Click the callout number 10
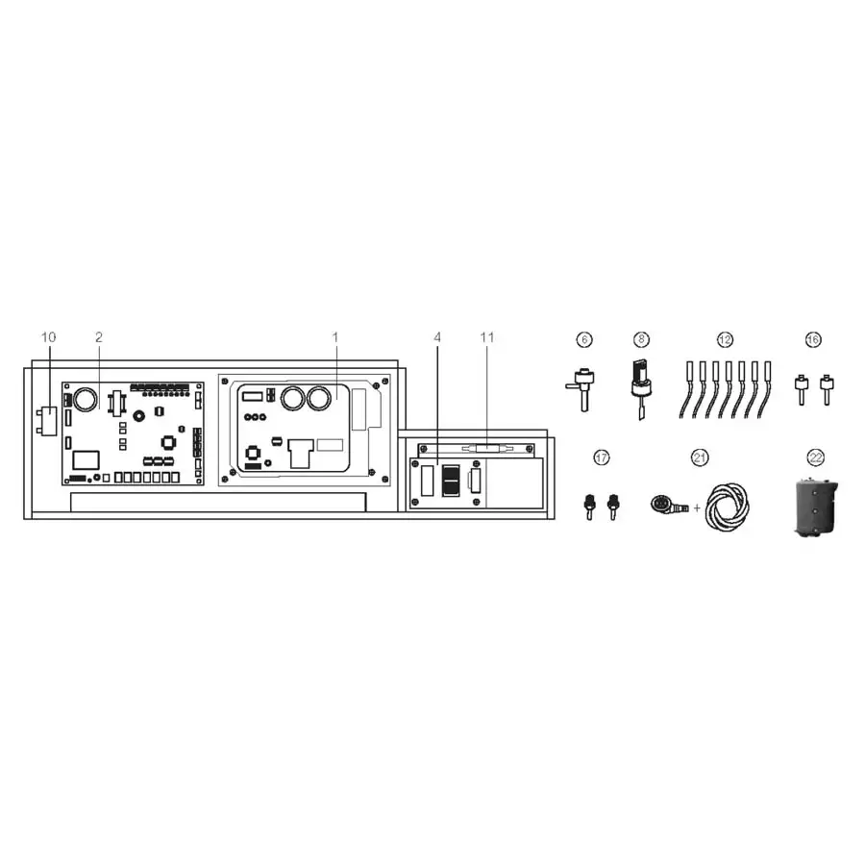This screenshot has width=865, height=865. [49, 337]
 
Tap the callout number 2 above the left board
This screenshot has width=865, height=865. [98, 337]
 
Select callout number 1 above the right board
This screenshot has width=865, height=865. [335, 337]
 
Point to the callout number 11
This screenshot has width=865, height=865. [486, 337]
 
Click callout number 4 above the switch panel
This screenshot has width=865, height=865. [437, 337]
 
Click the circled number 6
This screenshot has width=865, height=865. [583, 339]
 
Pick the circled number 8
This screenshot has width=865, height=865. [642, 339]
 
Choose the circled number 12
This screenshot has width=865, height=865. [725, 339]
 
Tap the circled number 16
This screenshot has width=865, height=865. [813, 339]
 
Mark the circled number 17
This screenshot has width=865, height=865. [602, 458]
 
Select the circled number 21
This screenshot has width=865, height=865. [699, 458]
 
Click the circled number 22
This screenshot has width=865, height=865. [816, 458]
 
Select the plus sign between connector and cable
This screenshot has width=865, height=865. [697, 506]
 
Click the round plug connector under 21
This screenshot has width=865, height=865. [664, 504]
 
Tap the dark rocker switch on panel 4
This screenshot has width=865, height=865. [450, 480]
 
